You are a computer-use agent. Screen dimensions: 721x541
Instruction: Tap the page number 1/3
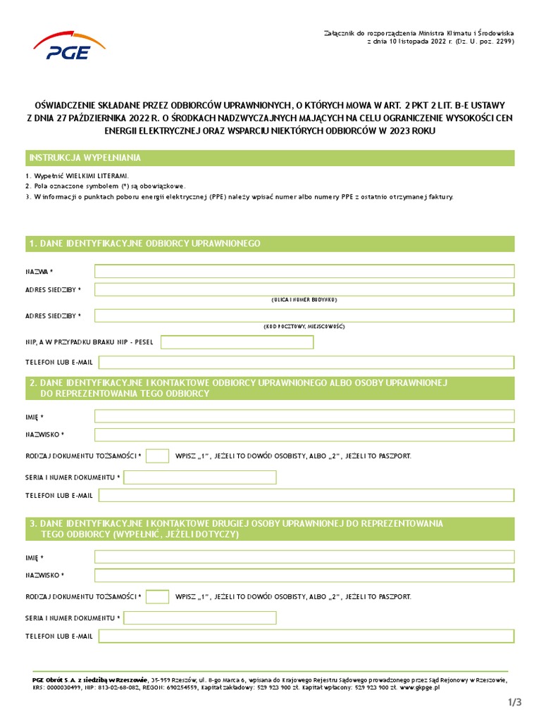[x=514, y=702]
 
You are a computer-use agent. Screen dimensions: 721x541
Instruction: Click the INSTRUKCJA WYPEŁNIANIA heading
[x=85, y=158]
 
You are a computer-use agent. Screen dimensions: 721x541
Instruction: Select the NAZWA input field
[x=304, y=271]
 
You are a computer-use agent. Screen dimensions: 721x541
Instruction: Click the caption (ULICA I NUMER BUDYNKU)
[x=304, y=300]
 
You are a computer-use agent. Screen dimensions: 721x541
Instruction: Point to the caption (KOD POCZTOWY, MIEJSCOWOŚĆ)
[x=304, y=327]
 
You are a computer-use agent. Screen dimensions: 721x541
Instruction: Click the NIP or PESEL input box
[x=237, y=342]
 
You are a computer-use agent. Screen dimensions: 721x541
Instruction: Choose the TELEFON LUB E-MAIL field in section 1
[x=306, y=362]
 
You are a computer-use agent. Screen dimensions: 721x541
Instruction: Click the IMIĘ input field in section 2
[x=304, y=416]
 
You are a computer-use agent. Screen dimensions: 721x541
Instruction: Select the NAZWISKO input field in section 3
[x=304, y=575]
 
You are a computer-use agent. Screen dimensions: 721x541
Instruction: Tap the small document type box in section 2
[x=157, y=456]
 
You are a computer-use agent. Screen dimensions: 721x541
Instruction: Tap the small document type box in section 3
[x=157, y=596]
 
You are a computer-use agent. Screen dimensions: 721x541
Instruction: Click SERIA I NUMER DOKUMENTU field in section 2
[x=200, y=477]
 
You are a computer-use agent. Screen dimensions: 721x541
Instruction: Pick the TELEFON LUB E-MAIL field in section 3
[x=306, y=636]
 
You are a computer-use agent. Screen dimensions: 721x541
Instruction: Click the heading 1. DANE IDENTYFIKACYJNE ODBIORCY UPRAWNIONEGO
[x=144, y=244]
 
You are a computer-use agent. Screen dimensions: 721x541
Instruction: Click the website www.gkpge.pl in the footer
[x=420, y=687]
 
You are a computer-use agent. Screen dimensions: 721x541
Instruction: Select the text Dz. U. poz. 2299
[x=484, y=41]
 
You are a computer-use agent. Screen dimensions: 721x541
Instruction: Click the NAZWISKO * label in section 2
[x=44, y=434]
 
